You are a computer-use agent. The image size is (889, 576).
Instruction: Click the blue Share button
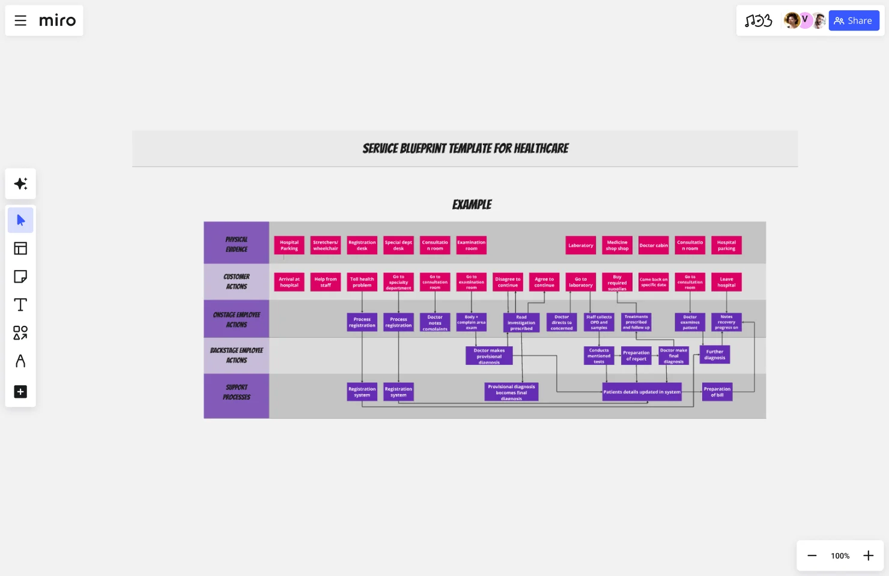(x=854, y=20)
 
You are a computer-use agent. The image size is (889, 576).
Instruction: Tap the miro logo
(x=58, y=20)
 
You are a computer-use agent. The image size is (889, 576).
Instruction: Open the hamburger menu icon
(x=20, y=20)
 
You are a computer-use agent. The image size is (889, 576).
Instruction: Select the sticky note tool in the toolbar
(x=20, y=277)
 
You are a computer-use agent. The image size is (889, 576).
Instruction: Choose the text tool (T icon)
(x=20, y=305)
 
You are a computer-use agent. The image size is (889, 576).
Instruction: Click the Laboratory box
(x=581, y=245)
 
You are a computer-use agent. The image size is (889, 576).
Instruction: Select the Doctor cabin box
(x=654, y=245)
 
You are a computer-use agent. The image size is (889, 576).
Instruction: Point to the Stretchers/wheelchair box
(x=326, y=245)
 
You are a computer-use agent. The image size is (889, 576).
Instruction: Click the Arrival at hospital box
(x=289, y=282)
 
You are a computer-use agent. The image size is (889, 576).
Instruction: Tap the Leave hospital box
(x=726, y=282)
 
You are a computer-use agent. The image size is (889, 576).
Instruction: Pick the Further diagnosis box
(x=715, y=355)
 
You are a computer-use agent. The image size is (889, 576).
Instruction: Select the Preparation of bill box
(x=717, y=392)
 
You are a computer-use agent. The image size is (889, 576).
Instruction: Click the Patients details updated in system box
(x=642, y=392)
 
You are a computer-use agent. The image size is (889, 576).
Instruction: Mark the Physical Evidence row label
(x=237, y=244)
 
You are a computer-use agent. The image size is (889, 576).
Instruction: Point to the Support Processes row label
(x=237, y=392)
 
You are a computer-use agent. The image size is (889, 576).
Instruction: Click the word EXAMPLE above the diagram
(x=472, y=205)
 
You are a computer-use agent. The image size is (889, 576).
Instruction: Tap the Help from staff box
(x=326, y=282)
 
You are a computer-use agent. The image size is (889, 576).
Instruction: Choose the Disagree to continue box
(x=508, y=282)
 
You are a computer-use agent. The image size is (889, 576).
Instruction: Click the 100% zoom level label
(x=840, y=556)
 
